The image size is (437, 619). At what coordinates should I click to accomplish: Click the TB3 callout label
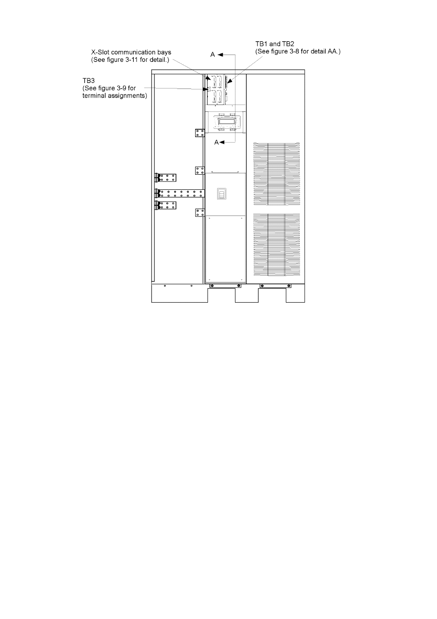tap(88, 80)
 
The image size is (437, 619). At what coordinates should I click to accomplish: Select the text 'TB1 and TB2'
tap(275, 44)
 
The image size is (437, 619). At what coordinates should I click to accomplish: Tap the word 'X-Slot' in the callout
tap(100, 52)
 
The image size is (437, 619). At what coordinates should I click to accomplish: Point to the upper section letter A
tap(213, 55)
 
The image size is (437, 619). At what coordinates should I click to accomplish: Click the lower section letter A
tap(216, 142)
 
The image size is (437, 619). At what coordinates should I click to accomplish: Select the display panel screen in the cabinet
tap(226, 122)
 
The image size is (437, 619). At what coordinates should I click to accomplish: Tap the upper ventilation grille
tap(276, 174)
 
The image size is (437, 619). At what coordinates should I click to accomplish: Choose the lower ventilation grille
tap(276, 244)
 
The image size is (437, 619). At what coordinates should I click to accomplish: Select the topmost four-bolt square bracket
tap(200, 133)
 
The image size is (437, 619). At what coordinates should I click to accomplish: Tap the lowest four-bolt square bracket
tap(200, 213)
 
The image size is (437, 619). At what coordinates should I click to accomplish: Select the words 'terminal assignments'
tap(115, 96)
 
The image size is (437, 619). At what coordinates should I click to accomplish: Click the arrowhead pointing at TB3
tap(205, 89)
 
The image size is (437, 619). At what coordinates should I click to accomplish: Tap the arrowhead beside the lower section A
tap(222, 142)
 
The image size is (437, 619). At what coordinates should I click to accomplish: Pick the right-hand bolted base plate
tap(275, 286)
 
